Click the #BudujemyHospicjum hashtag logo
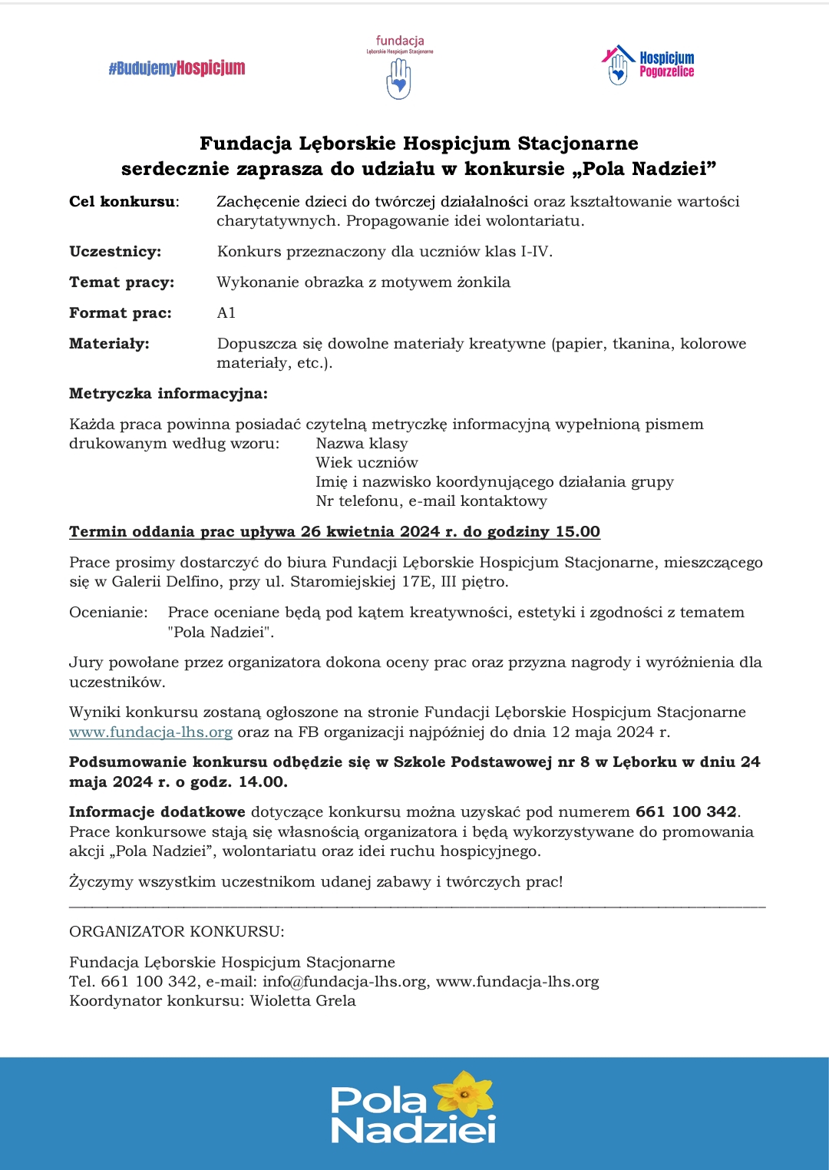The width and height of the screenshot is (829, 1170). click(177, 68)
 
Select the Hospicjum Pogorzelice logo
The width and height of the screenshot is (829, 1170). click(649, 64)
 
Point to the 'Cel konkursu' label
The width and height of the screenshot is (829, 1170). click(123, 202)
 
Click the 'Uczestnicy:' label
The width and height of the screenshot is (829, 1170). click(115, 252)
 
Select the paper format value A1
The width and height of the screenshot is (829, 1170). click(226, 313)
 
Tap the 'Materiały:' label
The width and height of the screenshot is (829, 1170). click(109, 344)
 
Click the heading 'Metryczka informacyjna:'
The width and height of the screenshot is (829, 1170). click(168, 394)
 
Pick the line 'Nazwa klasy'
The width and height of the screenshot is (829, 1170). click(362, 444)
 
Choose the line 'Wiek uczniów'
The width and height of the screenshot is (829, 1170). click(367, 463)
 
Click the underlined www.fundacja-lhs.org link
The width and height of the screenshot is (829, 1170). click(150, 732)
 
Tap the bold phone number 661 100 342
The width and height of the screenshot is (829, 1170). click(686, 812)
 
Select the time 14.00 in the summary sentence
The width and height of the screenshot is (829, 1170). click(263, 782)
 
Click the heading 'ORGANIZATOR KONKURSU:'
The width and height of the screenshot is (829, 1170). click(177, 932)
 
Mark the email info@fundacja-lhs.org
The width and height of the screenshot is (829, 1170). click(345, 982)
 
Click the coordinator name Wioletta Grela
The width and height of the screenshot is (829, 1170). click(303, 1001)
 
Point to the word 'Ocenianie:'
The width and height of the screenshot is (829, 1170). click(108, 613)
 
